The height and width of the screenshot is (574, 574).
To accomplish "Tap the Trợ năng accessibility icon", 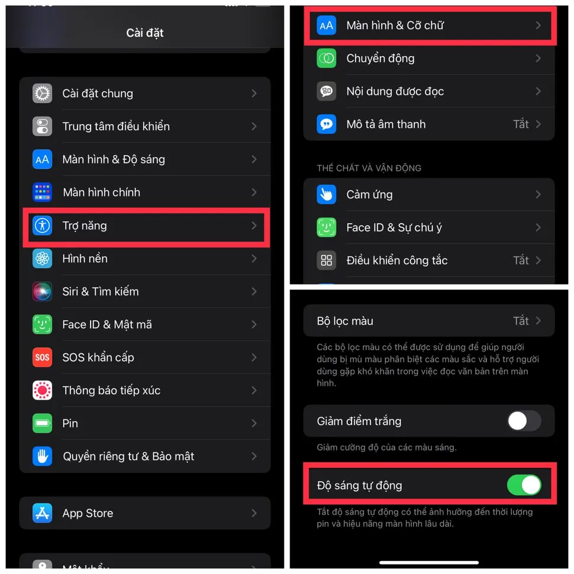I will tap(42, 225).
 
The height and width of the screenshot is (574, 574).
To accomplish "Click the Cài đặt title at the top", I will tap(145, 33).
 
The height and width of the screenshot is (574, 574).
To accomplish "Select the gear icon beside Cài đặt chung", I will tap(42, 93).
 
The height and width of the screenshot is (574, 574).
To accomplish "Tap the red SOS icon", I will tap(42, 357).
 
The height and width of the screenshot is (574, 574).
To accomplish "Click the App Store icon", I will tap(42, 513).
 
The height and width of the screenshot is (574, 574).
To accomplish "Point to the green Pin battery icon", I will tap(42, 423).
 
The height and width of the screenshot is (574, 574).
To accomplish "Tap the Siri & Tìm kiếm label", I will tap(101, 291).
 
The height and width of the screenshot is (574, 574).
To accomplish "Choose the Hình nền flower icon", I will tap(42, 259).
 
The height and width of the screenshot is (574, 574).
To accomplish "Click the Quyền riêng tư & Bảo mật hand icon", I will tap(42, 456).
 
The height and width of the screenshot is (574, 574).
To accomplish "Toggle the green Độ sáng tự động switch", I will tap(524, 485).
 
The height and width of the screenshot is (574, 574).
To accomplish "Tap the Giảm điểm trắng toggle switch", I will tap(524, 421).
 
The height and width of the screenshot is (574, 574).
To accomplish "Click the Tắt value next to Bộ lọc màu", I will tap(521, 321).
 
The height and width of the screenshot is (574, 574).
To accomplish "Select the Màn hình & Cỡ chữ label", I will tap(395, 25).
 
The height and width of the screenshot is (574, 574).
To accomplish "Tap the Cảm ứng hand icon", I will tap(326, 194).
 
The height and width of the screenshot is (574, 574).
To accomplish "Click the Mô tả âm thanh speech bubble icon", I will tap(326, 124).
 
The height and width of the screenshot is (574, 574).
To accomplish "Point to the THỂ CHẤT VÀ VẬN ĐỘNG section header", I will tap(369, 168).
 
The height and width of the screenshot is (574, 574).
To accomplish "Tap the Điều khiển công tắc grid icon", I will tap(326, 260).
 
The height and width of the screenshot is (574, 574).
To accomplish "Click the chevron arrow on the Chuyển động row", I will tap(538, 58).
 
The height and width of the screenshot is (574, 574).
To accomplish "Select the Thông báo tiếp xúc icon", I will tap(42, 391).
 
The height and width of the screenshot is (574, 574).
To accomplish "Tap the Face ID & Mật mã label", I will tap(107, 324).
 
